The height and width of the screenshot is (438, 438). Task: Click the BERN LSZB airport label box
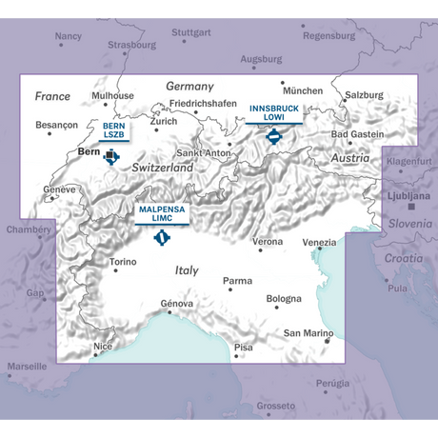coord(113,129)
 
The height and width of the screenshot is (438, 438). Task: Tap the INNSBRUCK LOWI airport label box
coord(274,112)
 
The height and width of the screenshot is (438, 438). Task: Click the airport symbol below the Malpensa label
coord(162,236)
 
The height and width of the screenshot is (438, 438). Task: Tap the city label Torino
coord(124,261)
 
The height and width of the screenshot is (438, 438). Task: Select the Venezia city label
coord(319,242)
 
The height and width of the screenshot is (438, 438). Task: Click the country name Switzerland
coord(163,167)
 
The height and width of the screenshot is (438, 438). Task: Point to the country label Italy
coord(187,271)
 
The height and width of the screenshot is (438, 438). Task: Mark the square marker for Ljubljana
coord(410,206)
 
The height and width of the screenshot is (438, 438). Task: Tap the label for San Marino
coord(309,333)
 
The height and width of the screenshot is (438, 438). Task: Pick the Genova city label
coord(177,304)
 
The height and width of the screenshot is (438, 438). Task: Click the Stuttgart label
coord(191,32)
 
